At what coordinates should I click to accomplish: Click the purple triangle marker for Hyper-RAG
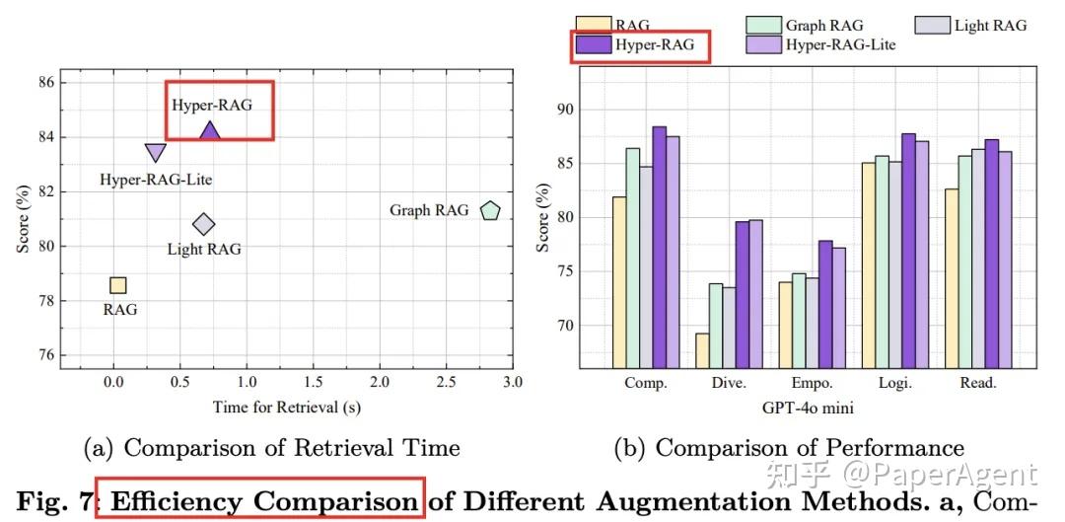pos(209,130)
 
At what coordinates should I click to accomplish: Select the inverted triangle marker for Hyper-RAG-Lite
pos(156,152)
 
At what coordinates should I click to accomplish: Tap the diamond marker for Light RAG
pos(203,225)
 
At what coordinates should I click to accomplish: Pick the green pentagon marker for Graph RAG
pos(490,210)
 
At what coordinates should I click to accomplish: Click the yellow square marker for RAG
pos(117,285)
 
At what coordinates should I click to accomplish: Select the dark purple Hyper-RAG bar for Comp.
pos(659,247)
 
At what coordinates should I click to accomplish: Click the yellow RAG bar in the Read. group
pos(951,278)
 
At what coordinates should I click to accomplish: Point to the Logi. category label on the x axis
pos(894,384)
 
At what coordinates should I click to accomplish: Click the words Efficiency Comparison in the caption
pos(263,502)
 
